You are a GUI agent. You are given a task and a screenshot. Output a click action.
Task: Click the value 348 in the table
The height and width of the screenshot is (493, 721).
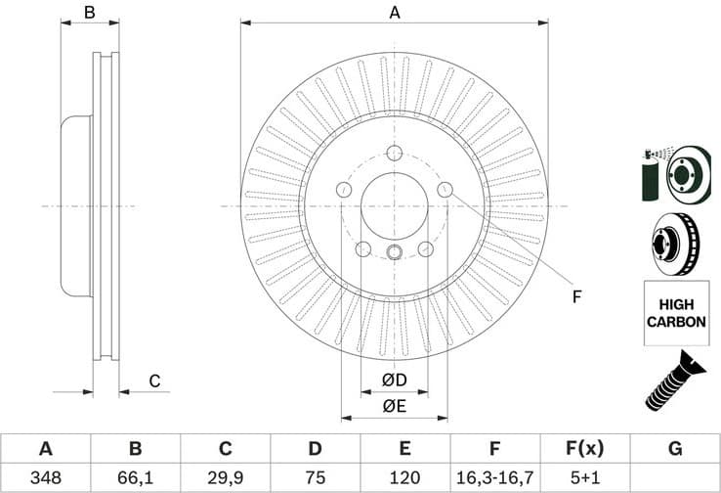(45, 478)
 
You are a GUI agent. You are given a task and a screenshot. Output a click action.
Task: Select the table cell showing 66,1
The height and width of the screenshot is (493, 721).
(135, 478)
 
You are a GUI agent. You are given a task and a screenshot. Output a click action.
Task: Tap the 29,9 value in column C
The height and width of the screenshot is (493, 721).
(225, 478)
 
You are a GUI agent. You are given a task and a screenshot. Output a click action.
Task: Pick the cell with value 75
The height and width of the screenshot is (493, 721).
(315, 478)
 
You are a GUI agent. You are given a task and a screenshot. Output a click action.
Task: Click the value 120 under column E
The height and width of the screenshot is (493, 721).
(404, 478)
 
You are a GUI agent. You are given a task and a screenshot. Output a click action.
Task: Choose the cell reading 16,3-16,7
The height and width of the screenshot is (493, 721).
(494, 478)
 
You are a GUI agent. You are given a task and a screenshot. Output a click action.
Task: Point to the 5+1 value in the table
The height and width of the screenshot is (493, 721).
(583, 478)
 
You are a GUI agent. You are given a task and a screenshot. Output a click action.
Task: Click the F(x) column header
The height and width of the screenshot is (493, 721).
(583, 449)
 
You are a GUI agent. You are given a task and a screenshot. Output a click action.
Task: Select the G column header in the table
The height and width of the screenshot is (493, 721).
(674, 449)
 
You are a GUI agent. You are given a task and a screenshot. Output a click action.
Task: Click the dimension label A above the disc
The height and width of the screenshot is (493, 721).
(395, 13)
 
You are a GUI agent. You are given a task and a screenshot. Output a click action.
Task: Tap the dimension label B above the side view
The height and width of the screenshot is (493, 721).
(89, 13)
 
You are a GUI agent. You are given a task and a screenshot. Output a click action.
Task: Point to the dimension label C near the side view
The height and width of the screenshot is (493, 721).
(153, 381)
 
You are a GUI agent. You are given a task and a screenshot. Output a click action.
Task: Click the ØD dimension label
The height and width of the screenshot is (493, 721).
(394, 380)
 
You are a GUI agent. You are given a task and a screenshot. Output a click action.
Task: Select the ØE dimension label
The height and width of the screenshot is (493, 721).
(394, 405)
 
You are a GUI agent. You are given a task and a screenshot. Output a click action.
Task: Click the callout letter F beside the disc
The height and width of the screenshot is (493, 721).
(576, 296)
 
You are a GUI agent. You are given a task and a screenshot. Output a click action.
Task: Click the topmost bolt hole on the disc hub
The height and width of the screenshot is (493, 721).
(395, 153)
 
